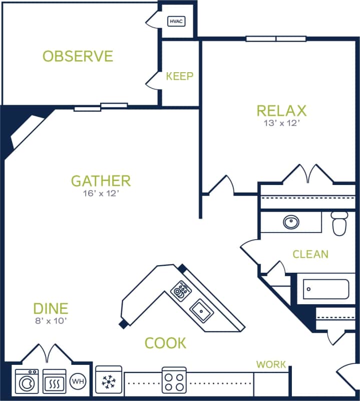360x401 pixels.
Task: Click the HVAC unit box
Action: click(176, 21)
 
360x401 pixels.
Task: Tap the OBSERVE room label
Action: click(78, 56)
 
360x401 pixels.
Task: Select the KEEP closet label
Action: click(180, 76)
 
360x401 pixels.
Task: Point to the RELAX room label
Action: click(281, 110)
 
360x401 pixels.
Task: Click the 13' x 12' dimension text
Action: click(281, 123)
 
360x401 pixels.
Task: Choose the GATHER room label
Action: click(101, 180)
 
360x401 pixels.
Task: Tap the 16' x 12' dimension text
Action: click(101, 193)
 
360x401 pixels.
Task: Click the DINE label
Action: click(51, 308)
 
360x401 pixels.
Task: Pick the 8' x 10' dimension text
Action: click(51, 321)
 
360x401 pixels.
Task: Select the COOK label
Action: click(165, 343)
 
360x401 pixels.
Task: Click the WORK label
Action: click(271, 364)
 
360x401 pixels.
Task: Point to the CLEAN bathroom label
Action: click(310, 254)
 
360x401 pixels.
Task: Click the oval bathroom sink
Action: click(290, 222)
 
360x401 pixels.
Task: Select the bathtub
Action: click(326, 289)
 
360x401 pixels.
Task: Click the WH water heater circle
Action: click(77, 381)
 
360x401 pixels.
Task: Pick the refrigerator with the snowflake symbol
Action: click(109, 381)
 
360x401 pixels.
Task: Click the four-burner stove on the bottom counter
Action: click(174, 380)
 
